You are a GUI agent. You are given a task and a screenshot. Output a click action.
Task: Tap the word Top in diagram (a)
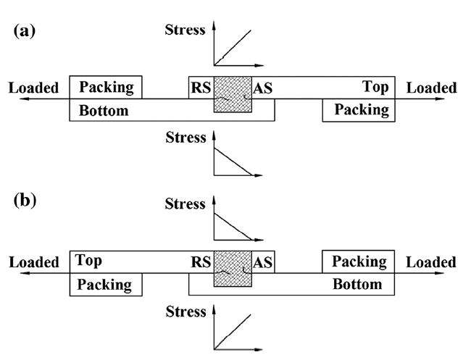tap(375, 87)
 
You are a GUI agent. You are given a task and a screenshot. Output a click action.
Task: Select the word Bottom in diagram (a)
tap(104, 111)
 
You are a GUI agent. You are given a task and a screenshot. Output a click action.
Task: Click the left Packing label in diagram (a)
tap(107, 88)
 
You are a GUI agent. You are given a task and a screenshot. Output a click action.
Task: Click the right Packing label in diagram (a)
tap(361, 110)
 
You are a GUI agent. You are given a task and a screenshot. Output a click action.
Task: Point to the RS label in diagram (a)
tap(201, 89)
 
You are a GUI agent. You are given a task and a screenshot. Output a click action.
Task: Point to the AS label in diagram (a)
tap(263, 89)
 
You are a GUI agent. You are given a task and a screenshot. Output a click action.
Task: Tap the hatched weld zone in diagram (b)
tap(233, 268)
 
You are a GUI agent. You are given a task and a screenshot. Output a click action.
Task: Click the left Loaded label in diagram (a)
tap(33, 88)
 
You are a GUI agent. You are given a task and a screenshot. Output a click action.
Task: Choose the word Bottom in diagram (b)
tap(357, 284)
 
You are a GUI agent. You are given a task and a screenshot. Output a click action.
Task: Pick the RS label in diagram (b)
tap(201, 262)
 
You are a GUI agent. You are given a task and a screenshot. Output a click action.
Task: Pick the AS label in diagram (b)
tap(263, 262)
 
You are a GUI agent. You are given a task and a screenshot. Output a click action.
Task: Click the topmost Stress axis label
tap(186, 30)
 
